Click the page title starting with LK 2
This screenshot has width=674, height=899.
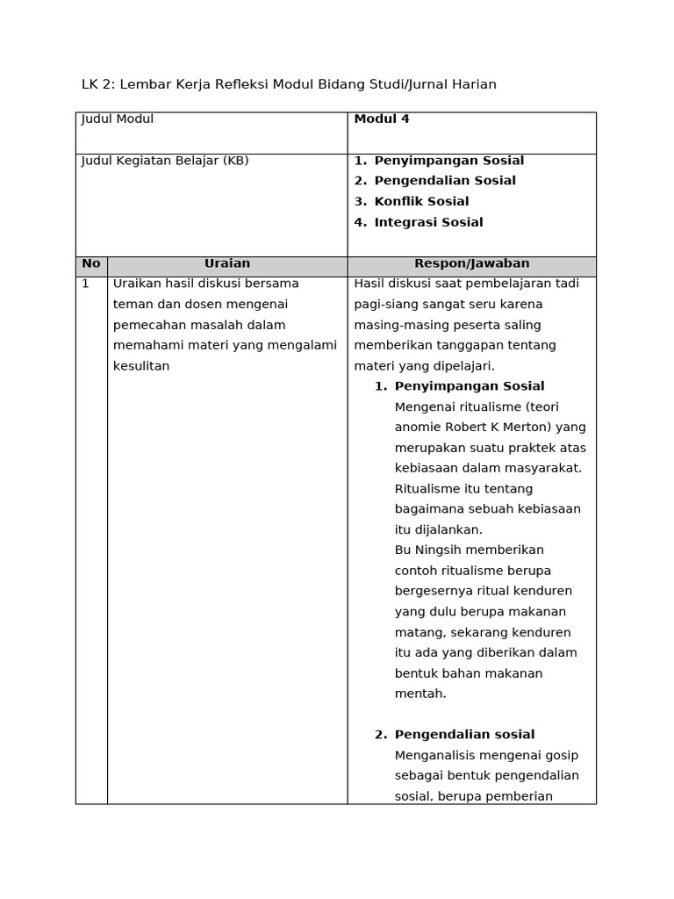289,84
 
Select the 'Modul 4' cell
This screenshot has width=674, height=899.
382,119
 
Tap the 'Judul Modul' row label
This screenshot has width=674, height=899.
118,119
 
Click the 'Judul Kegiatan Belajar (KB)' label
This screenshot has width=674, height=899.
165,161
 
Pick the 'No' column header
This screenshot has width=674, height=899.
91,263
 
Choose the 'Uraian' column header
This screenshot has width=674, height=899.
227,263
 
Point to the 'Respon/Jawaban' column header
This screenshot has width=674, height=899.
471,263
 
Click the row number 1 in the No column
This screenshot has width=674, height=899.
85,284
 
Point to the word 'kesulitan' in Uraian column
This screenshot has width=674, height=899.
141,366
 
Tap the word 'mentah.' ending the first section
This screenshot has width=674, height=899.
420,694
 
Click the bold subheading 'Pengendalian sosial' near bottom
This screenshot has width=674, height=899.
464,735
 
